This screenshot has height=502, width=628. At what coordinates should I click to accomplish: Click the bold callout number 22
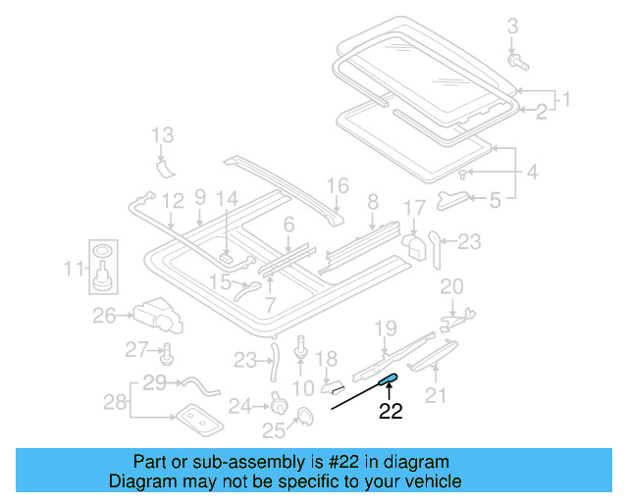coord(391,413)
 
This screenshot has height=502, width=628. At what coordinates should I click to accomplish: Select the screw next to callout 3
coord(517,62)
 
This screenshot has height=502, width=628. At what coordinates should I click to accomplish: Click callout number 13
coord(162,135)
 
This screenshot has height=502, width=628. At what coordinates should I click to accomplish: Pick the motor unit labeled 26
coord(161,316)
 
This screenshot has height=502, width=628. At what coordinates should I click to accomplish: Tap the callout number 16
coord(337,185)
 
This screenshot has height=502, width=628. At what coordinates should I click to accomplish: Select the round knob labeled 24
coord(279,403)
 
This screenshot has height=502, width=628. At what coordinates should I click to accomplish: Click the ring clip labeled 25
coord(303,420)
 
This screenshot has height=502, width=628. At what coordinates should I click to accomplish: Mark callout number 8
coord(372,203)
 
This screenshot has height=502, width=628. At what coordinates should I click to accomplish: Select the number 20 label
coord(450,286)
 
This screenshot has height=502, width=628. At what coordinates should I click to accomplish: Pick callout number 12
coord(174,201)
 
